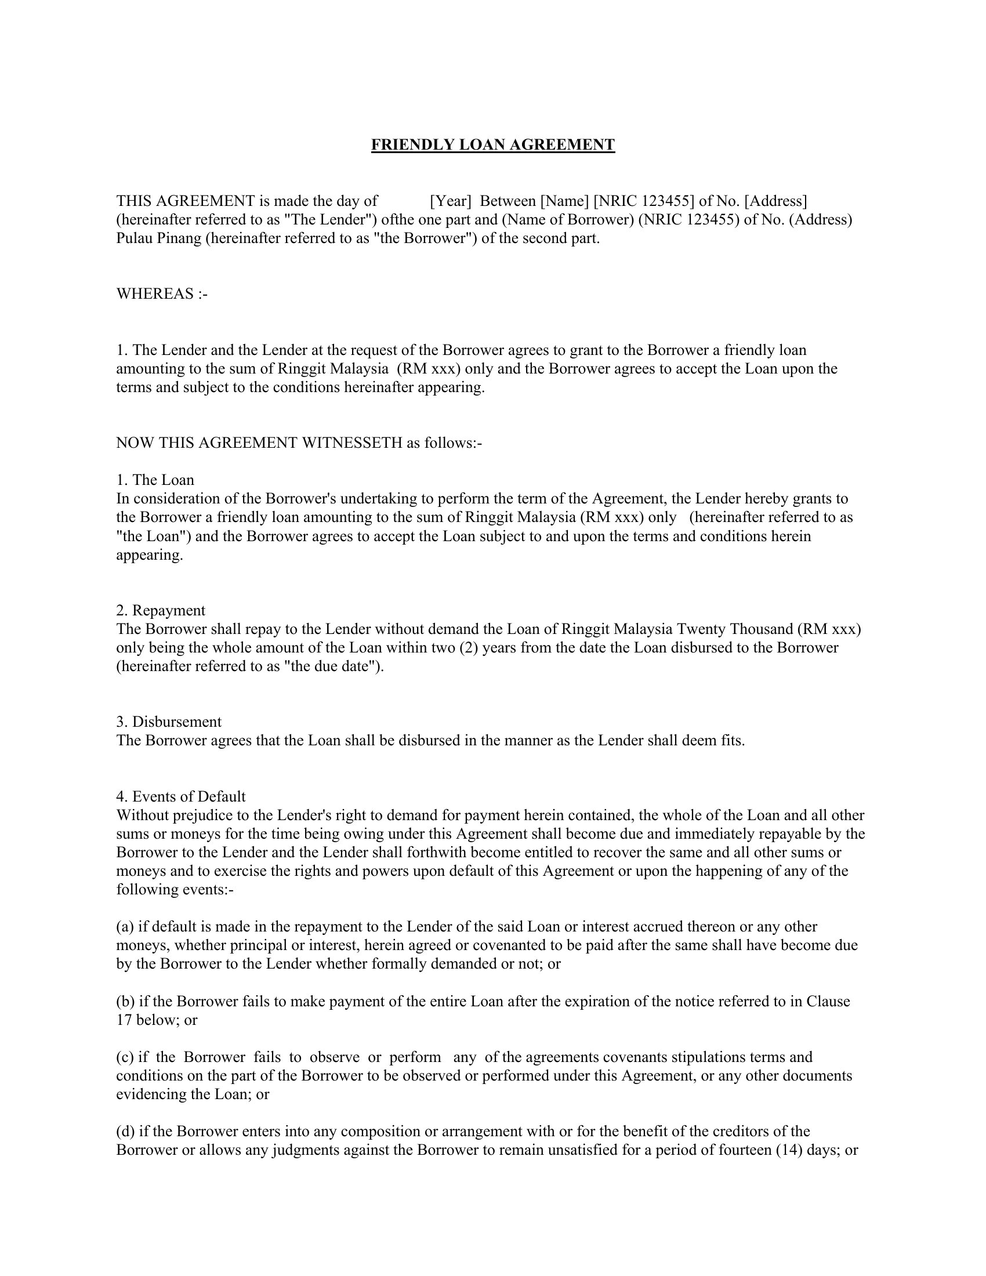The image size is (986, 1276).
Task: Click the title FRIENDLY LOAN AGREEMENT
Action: click(492, 145)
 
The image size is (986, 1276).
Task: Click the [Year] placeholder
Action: click(450, 201)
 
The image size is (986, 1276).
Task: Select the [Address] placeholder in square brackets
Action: click(775, 201)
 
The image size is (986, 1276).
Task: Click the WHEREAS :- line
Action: click(162, 293)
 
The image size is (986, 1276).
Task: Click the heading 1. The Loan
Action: click(155, 480)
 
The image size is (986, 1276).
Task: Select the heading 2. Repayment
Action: click(161, 610)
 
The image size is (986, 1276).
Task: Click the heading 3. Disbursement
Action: click(169, 722)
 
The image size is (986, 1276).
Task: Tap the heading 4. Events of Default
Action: click(180, 796)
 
